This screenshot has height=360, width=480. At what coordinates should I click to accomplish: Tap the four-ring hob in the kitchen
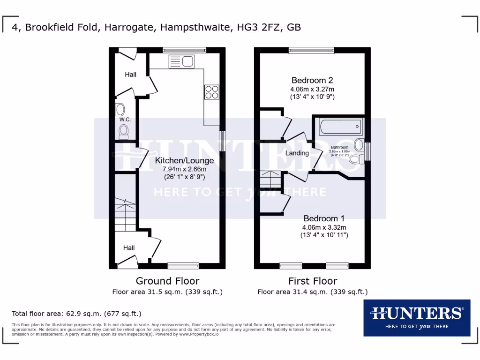pos(212,92)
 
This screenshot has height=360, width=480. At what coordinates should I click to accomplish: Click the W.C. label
pos(125,120)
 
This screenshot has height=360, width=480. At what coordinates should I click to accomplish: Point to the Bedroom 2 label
pos(312,80)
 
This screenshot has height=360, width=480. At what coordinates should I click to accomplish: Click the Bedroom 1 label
pos(324,218)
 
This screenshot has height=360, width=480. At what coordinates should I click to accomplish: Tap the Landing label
pos(297,153)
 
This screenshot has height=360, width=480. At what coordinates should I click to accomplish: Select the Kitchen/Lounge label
pos(184,160)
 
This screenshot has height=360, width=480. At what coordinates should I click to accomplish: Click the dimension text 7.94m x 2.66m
pos(184,169)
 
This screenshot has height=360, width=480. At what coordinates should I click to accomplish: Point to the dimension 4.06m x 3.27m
pos(312,89)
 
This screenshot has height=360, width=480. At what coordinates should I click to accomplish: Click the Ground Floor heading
pos(167,281)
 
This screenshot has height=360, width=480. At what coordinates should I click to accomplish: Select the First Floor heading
pos(312,281)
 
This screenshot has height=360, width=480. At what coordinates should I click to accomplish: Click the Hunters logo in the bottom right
pos(417,317)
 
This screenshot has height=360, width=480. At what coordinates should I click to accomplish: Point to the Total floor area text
pos(76,314)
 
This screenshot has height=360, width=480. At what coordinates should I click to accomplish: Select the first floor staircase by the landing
pos(270,179)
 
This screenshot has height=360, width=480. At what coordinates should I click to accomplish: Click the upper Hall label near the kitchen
pos(130,75)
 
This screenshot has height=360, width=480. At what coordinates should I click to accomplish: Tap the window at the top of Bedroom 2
pos(311,50)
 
